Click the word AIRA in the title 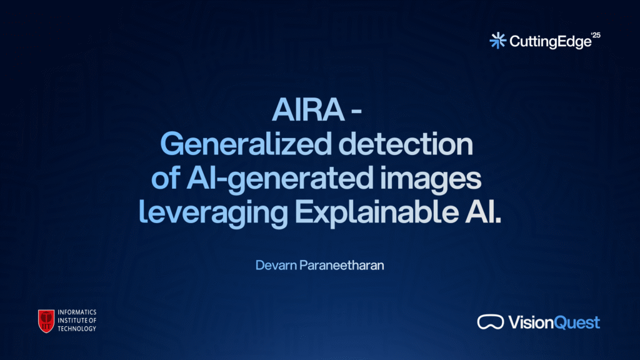(308, 109)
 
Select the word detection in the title (406, 144)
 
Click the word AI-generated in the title (280, 179)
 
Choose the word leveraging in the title (214, 213)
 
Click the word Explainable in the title (376, 213)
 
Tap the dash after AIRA (356, 111)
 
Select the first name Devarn (276, 265)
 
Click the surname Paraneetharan (342, 265)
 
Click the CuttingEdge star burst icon (498, 41)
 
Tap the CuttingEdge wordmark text (550, 42)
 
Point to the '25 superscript (596, 35)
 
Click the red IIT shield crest (46, 321)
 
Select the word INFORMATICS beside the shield (77, 312)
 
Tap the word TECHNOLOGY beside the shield (77, 329)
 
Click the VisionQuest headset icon (491, 322)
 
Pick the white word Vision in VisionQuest (531, 322)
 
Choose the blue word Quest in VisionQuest (577, 323)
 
